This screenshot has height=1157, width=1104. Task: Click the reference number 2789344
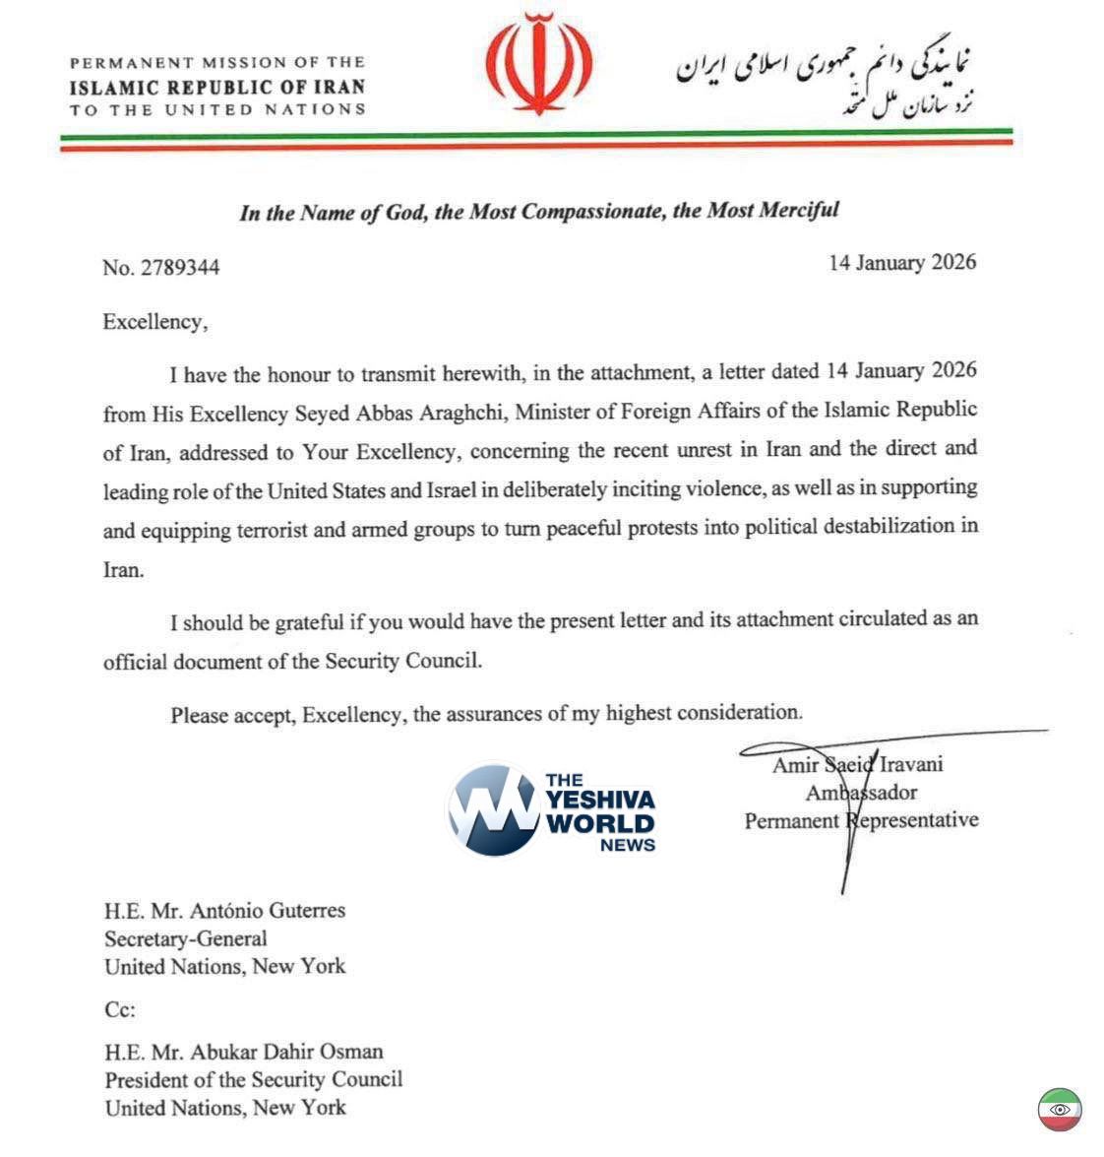click(180, 268)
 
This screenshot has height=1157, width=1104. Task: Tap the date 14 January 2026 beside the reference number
click(902, 262)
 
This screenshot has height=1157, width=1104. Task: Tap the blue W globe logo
click(495, 810)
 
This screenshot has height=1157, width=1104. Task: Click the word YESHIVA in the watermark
click(600, 799)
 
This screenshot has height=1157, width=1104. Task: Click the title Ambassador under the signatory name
click(861, 793)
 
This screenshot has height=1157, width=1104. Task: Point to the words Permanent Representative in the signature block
click(861, 820)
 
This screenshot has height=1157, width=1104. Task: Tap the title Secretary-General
click(186, 939)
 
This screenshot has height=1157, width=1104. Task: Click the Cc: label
click(119, 1010)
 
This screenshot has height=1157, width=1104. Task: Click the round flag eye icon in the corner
click(1060, 1110)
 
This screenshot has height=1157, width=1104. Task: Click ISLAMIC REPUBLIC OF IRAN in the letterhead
click(217, 86)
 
